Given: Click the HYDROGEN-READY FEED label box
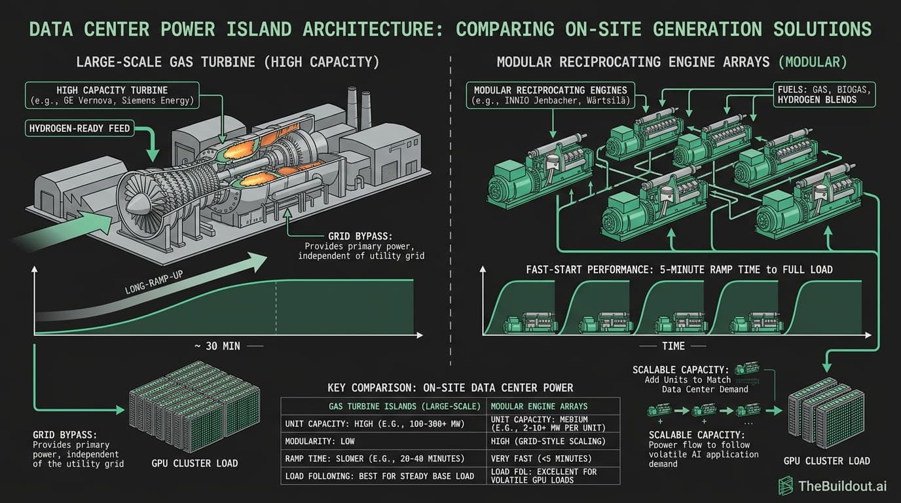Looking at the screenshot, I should (x=79, y=129).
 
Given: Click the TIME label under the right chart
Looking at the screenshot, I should (x=672, y=346).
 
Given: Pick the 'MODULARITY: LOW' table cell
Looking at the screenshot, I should (x=320, y=441).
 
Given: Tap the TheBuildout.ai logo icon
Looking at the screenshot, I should (x=786, y=485).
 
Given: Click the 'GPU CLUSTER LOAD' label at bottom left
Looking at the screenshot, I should (x=194, y=463).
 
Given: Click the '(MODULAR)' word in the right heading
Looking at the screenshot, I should (x=813, y=63).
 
